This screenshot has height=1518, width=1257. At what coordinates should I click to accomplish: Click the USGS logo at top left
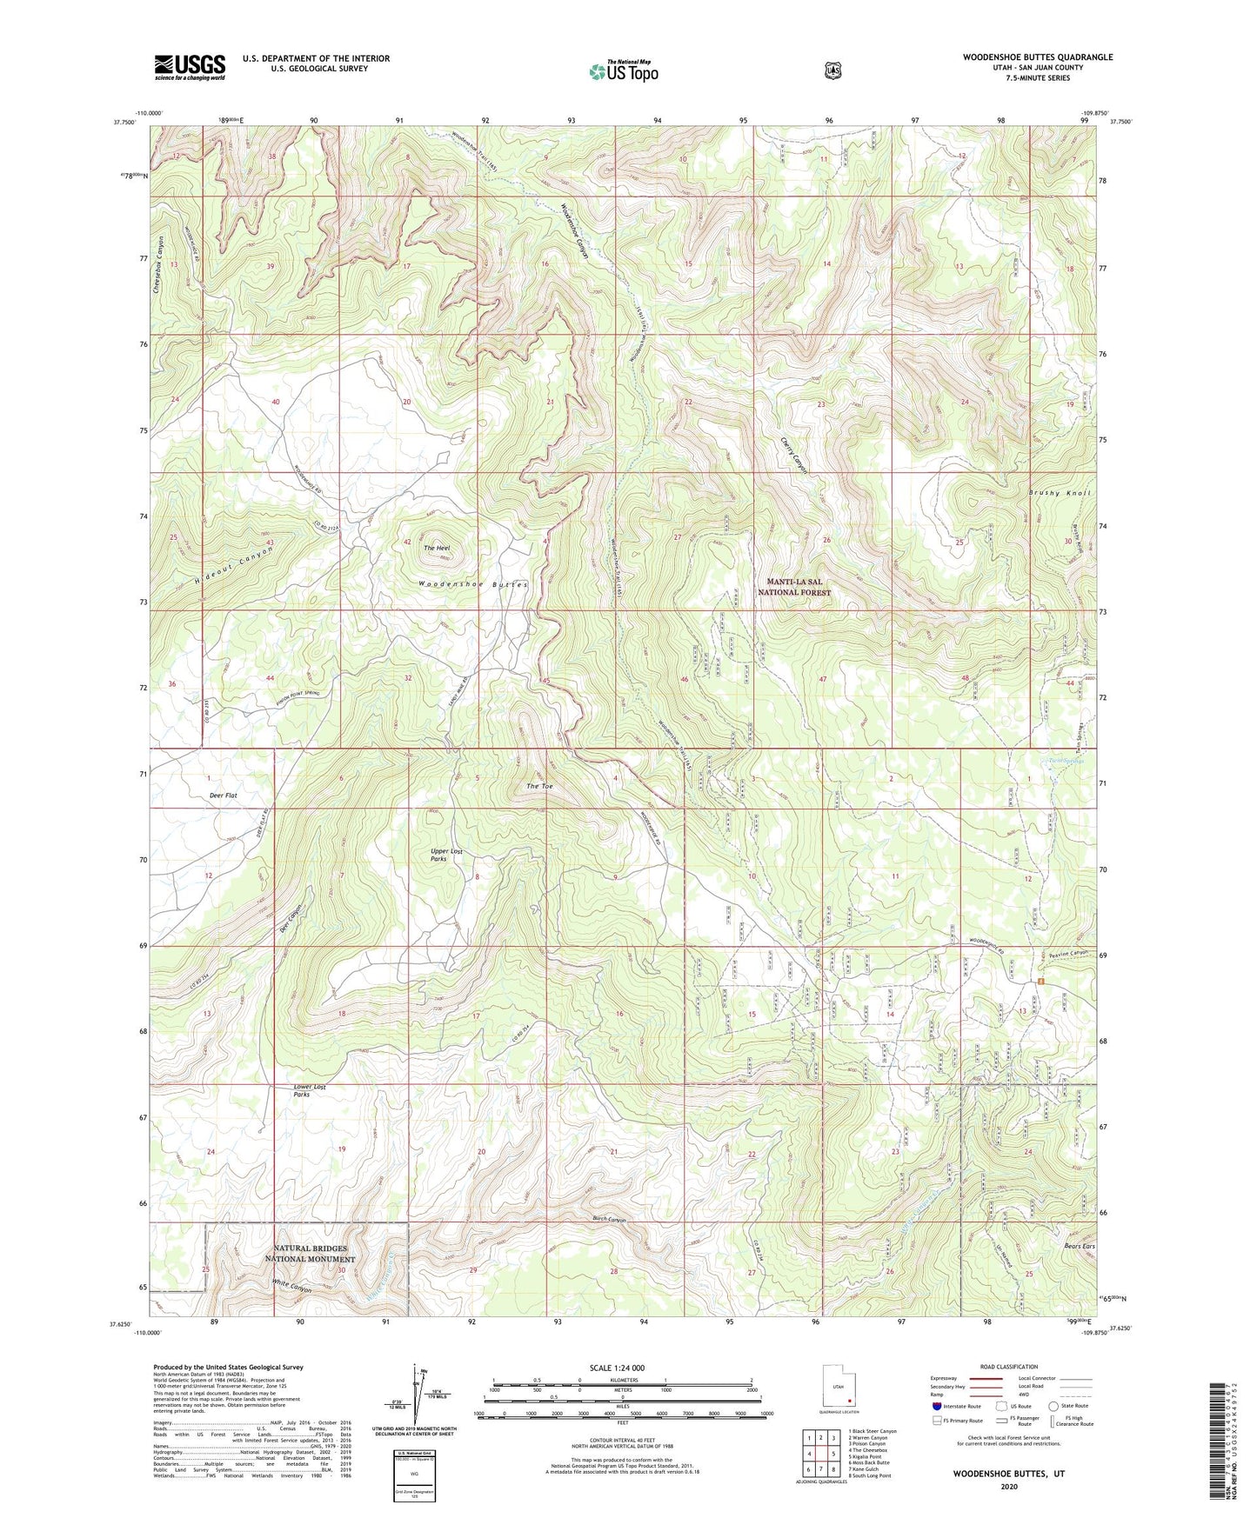(190, 67)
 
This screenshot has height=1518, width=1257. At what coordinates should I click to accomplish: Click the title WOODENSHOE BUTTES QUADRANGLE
(1037, 57)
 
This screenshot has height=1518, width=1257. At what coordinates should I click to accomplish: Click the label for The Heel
(436, 549)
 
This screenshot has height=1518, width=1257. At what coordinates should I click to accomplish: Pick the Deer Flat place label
(223, 796)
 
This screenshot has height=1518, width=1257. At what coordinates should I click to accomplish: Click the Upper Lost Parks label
(446, 855)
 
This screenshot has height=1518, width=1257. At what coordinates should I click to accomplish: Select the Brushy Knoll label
(1059, 493)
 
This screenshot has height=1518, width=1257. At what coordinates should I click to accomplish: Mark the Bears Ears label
(1078, 1246)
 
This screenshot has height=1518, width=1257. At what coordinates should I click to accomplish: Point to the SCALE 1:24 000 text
(617, 1368)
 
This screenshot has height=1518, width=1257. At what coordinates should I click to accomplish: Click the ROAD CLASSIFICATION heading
(1009, 1367)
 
